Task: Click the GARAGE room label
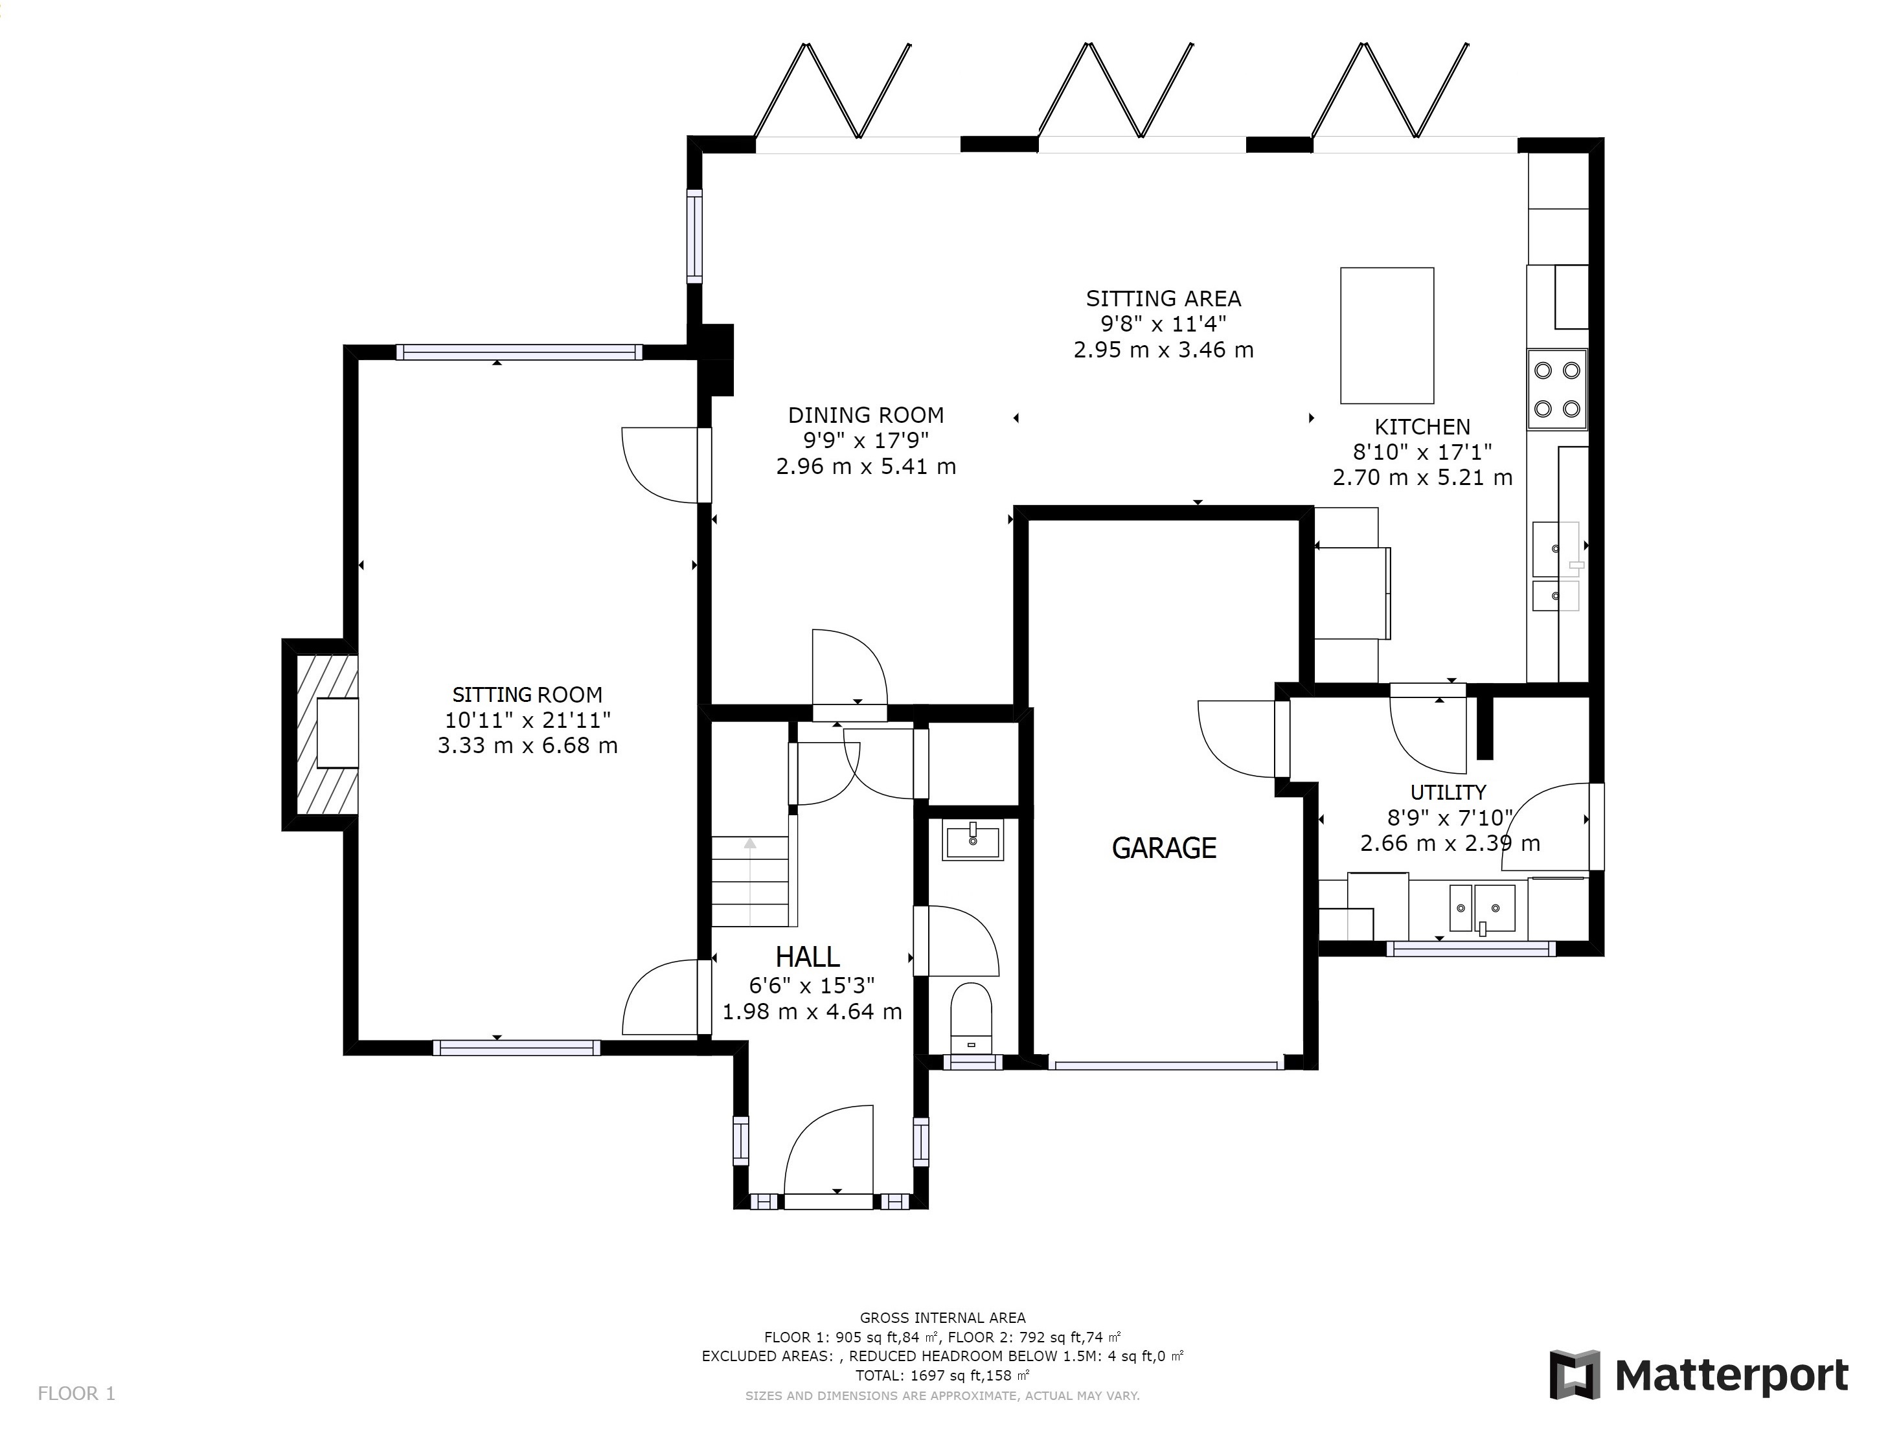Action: point(1164,849)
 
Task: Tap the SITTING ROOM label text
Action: point(527,694)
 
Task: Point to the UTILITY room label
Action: point(1448,792)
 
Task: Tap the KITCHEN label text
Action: point(1422,426)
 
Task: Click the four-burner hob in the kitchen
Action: point(1557,389)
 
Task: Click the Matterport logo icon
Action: point(1575,1375)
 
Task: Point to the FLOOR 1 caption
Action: point(76,1393)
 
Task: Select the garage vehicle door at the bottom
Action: point(1166,1065)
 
